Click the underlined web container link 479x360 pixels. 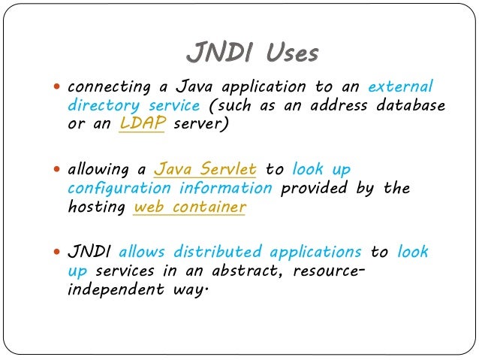tap(189, 207)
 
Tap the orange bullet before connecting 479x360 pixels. tap(57, 87)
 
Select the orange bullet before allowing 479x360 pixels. tap(57, 170)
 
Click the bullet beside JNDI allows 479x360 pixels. tap(57, 253)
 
